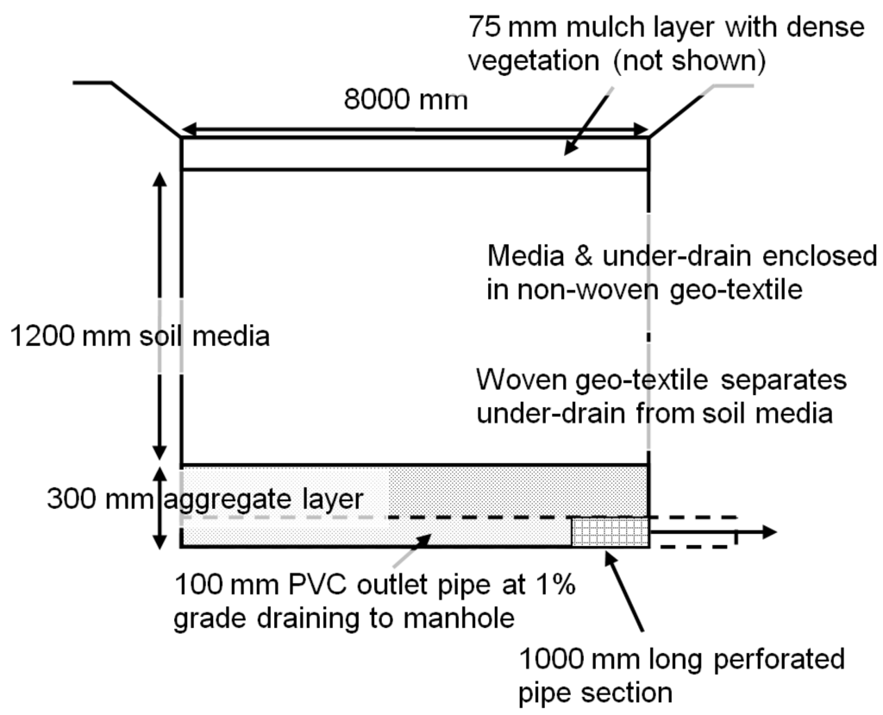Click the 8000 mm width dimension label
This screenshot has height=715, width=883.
[406, 101]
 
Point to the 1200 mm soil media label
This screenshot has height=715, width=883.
[137, 335]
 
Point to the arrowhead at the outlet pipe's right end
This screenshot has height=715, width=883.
[770, 532]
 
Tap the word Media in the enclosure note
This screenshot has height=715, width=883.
[521, 256]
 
